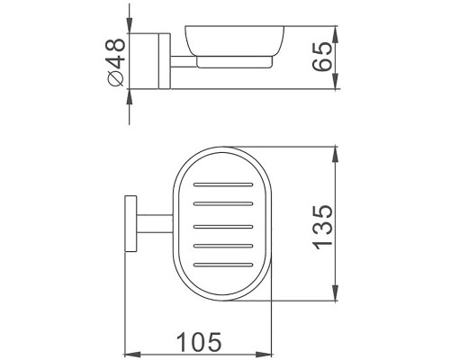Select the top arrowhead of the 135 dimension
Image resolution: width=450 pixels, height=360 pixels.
(x=334, y=149)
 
